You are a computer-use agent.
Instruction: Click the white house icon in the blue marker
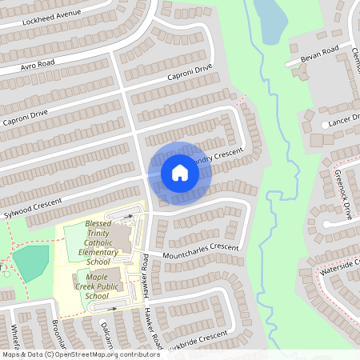click(x=179, y=173)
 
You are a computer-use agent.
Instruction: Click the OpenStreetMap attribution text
click(x=80, y=354)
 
